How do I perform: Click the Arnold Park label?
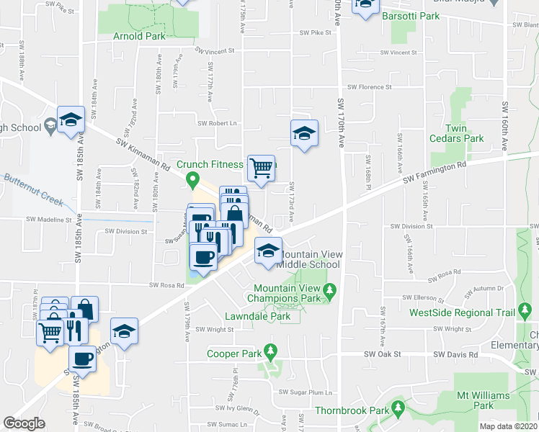(x=139, y=35)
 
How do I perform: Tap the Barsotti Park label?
(x=410, y=15)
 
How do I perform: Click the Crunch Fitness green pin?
(x=192, y=179)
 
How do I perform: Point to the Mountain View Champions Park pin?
(x=330, y=292)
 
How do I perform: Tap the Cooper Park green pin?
(x=271, y=353)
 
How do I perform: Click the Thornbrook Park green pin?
(x=398, y=410)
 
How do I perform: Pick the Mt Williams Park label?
(x=483, y=400)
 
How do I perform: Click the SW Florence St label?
(x=369, y=86)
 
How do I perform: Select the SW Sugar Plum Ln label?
(x=306, y=392)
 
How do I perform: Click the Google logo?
(x=24, y=423)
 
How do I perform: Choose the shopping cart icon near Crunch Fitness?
(x=262, y=168)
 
